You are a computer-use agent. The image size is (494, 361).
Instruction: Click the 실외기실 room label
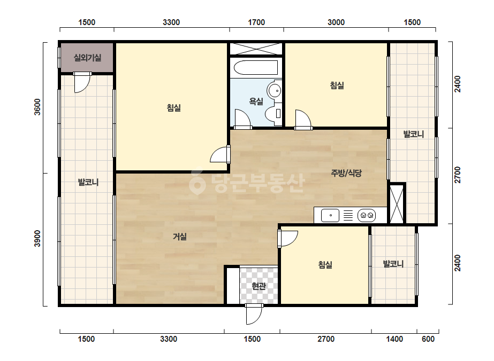(87, 58)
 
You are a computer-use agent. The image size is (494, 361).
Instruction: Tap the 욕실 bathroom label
(256, 101)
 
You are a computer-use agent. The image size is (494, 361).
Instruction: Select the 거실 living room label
(180, 237)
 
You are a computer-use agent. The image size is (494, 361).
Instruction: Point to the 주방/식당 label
(346, 172)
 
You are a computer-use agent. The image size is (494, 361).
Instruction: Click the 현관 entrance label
(259, 286)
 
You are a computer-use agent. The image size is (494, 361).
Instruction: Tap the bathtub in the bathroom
(255, 68)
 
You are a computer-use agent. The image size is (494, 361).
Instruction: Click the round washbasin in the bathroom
(275, 91)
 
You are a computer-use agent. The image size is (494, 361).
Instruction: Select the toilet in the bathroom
(273, 114)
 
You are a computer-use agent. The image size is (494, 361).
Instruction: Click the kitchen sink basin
(330, 215)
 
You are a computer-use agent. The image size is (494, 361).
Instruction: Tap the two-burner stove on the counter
(367, 215)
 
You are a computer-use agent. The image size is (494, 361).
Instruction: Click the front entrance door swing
(254, 315)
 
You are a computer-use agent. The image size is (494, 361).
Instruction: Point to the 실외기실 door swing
(82, 83)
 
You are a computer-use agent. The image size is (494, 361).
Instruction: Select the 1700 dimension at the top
(256, 22)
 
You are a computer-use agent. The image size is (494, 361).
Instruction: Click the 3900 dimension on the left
(37, 239)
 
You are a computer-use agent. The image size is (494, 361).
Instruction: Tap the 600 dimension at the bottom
(428, 339)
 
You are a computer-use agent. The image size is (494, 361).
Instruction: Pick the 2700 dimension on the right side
(458, 175)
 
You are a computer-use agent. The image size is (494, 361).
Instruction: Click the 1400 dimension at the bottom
(395, 339)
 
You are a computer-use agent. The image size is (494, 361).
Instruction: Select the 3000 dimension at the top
(336, 22)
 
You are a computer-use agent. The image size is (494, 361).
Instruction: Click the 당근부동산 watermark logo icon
(197, 183)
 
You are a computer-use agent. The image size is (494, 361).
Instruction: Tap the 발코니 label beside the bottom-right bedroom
(393, 264)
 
